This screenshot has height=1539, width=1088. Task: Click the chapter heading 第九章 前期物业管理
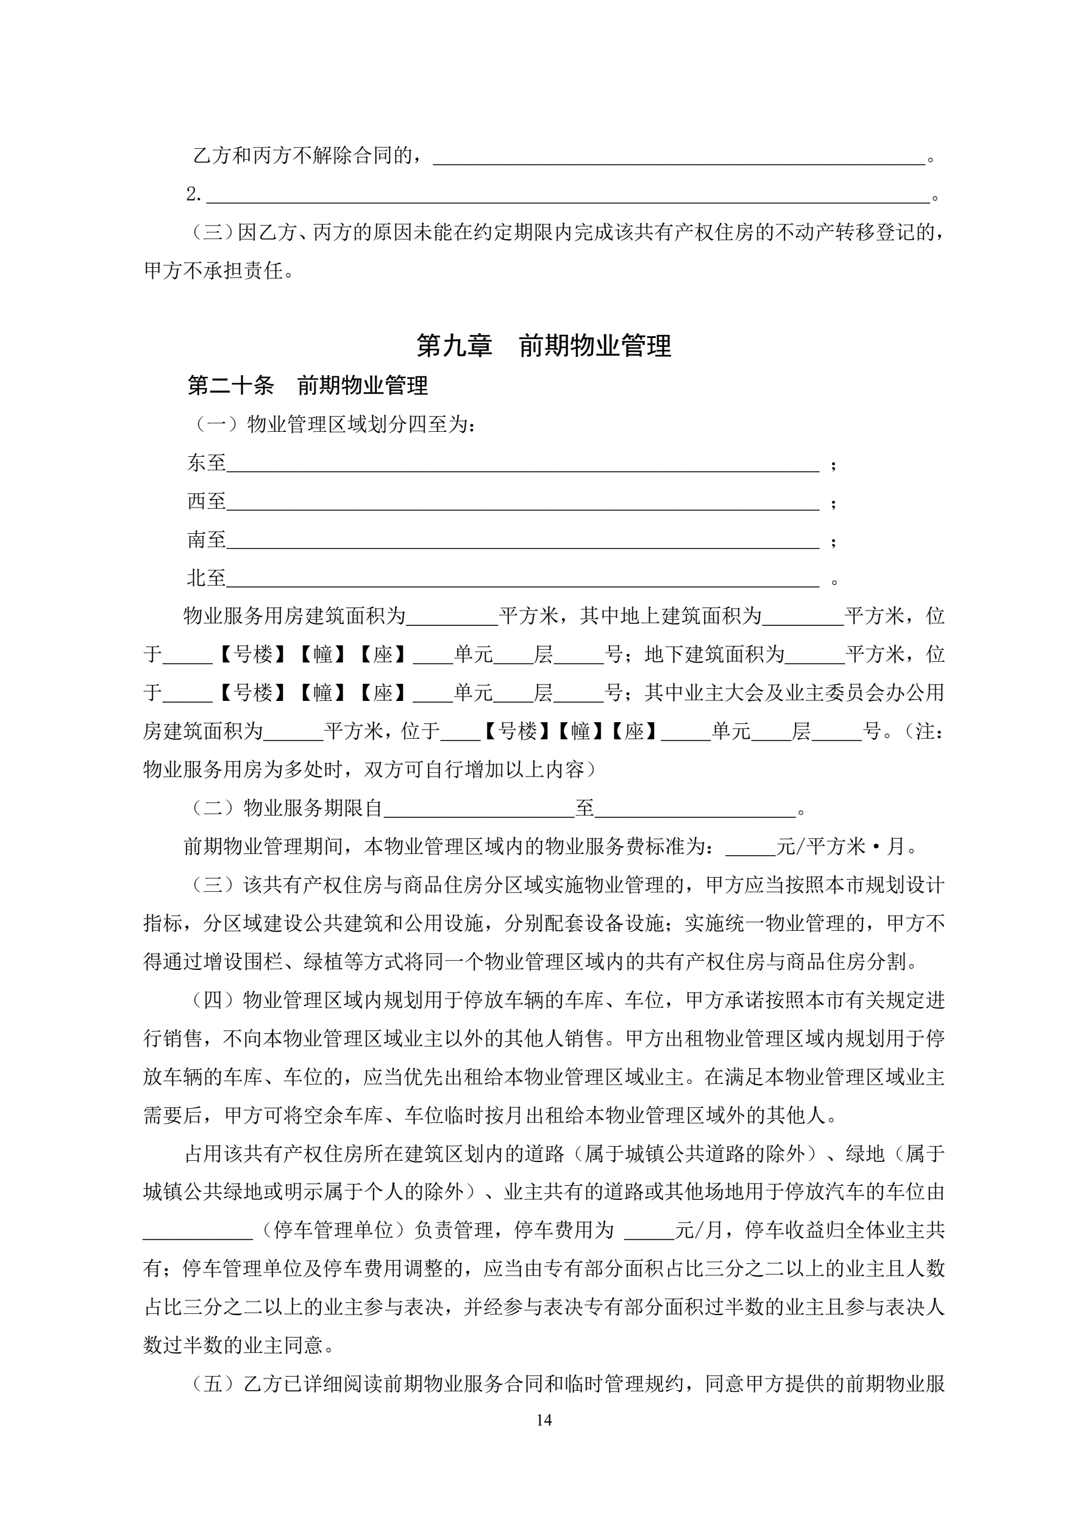pos(543,346)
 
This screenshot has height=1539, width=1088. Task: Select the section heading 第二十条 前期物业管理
pos(308,386)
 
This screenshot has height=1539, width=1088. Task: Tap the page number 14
pos(544,1419)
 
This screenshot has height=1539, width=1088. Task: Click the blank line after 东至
pos(522,465)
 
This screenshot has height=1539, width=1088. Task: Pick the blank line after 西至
pos(522,503)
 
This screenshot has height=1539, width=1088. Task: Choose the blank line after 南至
pos(522,542)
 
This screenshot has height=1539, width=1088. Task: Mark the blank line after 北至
pos(522,581)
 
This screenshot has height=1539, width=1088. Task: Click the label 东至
pos(207,462)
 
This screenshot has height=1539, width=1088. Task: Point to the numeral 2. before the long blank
pos(194,195)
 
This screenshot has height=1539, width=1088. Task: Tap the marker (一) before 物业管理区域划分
pos(216,425)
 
